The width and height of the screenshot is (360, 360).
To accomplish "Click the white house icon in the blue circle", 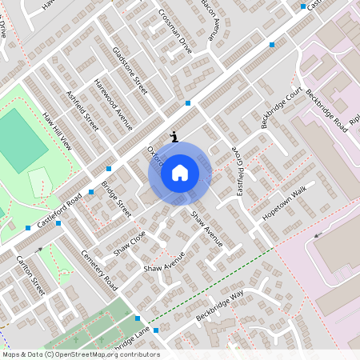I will click(x=180, y=173).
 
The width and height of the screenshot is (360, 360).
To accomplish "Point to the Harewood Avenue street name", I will click(x=113, y=105).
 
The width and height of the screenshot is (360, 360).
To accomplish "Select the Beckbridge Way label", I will click(x=220, y=307).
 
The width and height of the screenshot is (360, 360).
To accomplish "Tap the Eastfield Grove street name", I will click(x=237, y=170).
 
